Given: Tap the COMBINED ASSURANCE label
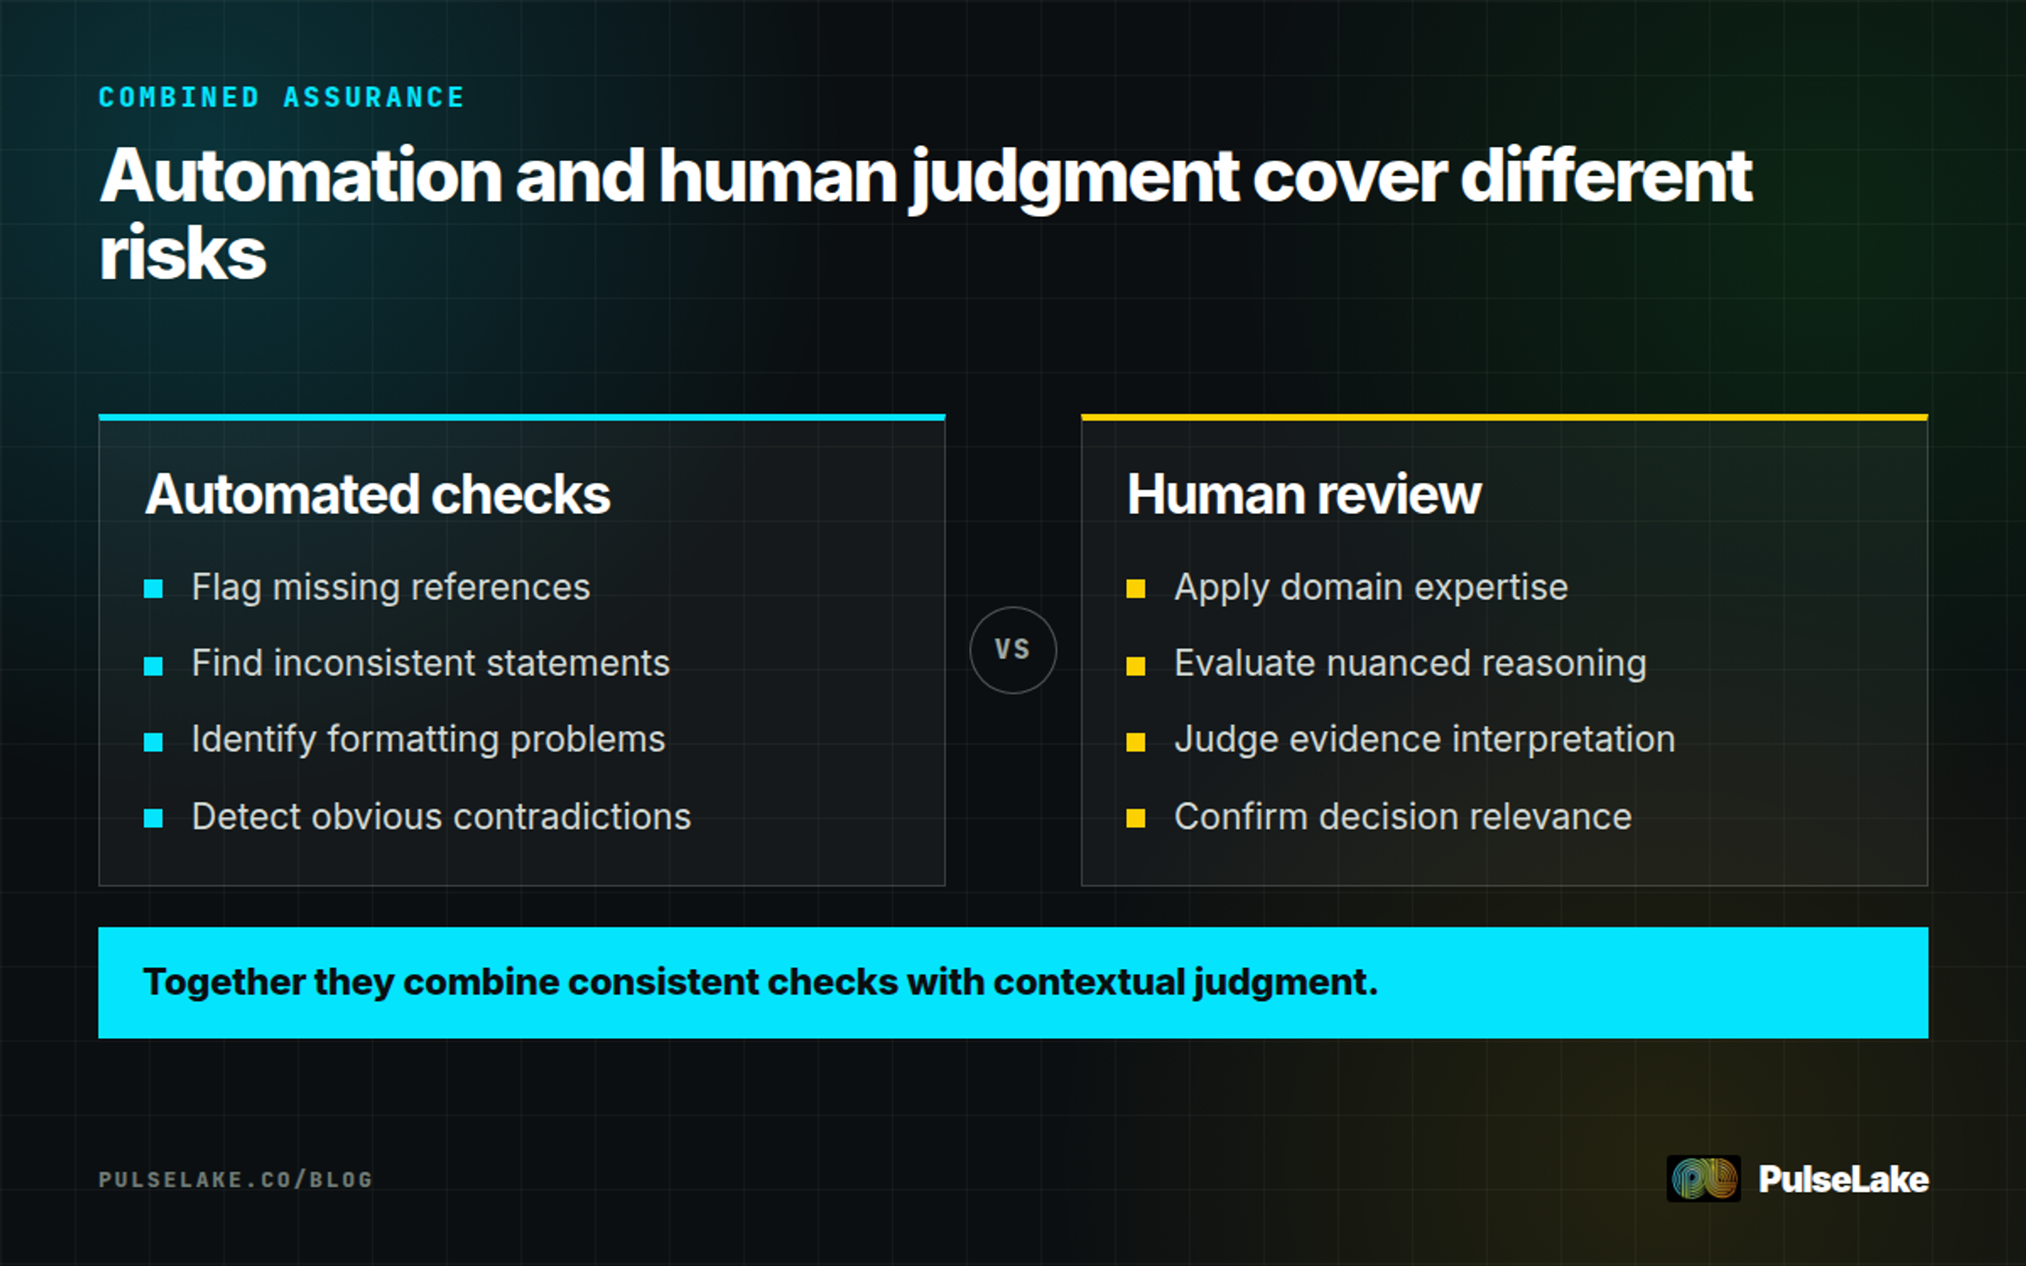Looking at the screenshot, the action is (x=281, y=97).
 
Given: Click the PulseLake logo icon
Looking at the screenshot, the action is (x=1704, y=1178).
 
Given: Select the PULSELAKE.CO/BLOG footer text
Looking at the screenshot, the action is (x=236, y=1179).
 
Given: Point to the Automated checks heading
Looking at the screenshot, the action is (x=377, y=494).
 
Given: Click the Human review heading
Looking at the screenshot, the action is (x=1304, y=494).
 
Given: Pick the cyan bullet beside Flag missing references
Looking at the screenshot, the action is (x=154, y=588).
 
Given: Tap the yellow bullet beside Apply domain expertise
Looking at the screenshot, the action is (x=1136, y=588).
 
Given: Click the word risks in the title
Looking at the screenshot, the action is (x=182, y=253).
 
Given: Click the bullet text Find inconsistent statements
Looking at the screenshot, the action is (x=431, y=663).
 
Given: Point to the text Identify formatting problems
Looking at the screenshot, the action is (x=428, y=740).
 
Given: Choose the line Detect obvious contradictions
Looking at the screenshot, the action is (x=441, y=816).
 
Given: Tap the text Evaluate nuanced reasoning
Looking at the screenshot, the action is (x=1410, y=664).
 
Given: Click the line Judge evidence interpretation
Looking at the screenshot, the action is (x=1425, y=740).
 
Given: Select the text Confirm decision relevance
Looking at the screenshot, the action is (x=1403, y=816).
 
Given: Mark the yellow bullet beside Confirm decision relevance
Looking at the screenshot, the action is (x=1136, y=818).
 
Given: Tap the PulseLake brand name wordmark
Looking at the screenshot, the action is (x=1844, y=1179).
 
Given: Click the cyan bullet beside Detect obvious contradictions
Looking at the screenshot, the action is (x=154, y=818).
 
